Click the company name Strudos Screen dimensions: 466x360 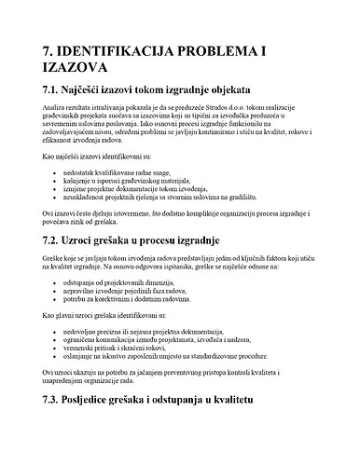tap(236, 110)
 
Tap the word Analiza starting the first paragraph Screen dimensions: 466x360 tap(54, 110)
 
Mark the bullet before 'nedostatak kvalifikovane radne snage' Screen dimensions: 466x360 tap(53, 173)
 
